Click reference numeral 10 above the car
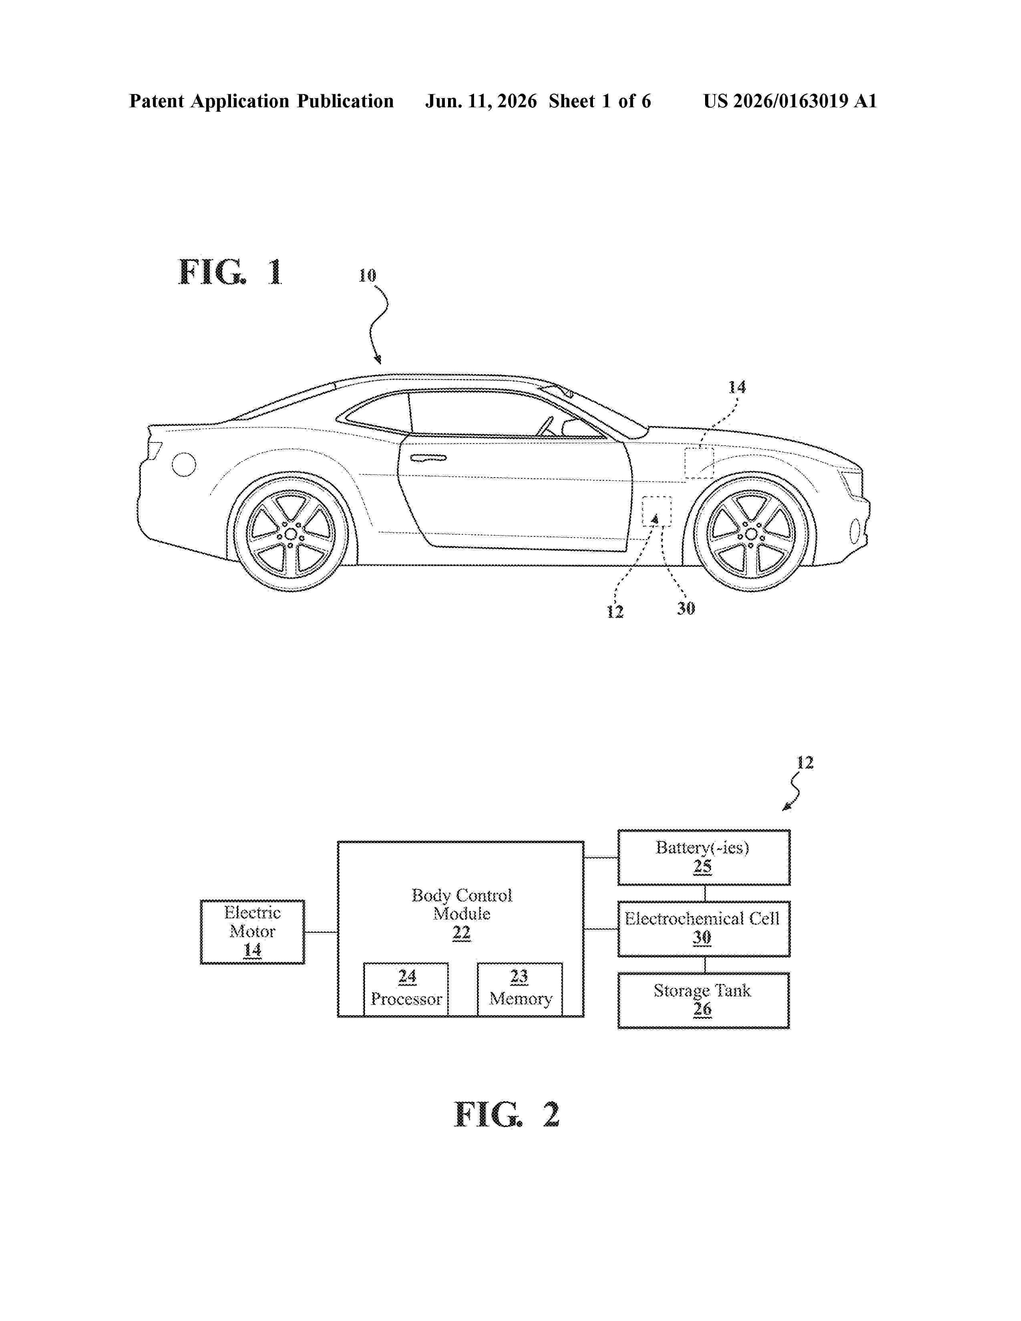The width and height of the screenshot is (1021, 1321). [367, 276]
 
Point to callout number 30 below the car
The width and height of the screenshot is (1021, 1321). [686, 608]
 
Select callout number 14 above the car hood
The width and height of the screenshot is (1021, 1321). [737, 387]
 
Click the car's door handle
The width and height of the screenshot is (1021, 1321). [428, 458]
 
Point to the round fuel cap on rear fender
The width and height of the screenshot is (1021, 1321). [184, 464]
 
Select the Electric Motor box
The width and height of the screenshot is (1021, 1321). [252, 932]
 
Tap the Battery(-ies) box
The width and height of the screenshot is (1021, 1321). [703, 857]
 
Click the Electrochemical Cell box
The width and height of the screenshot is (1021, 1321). [703, 928]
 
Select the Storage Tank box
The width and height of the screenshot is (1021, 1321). [703, 1000]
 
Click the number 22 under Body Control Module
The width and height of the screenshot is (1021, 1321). [462, 933]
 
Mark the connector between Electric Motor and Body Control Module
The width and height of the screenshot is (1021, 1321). [321, 932]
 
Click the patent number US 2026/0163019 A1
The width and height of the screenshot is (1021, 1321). [790, 101]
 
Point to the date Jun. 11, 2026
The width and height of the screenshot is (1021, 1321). [481, 101]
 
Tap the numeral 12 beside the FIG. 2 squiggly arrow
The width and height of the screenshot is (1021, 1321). [804, 763]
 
